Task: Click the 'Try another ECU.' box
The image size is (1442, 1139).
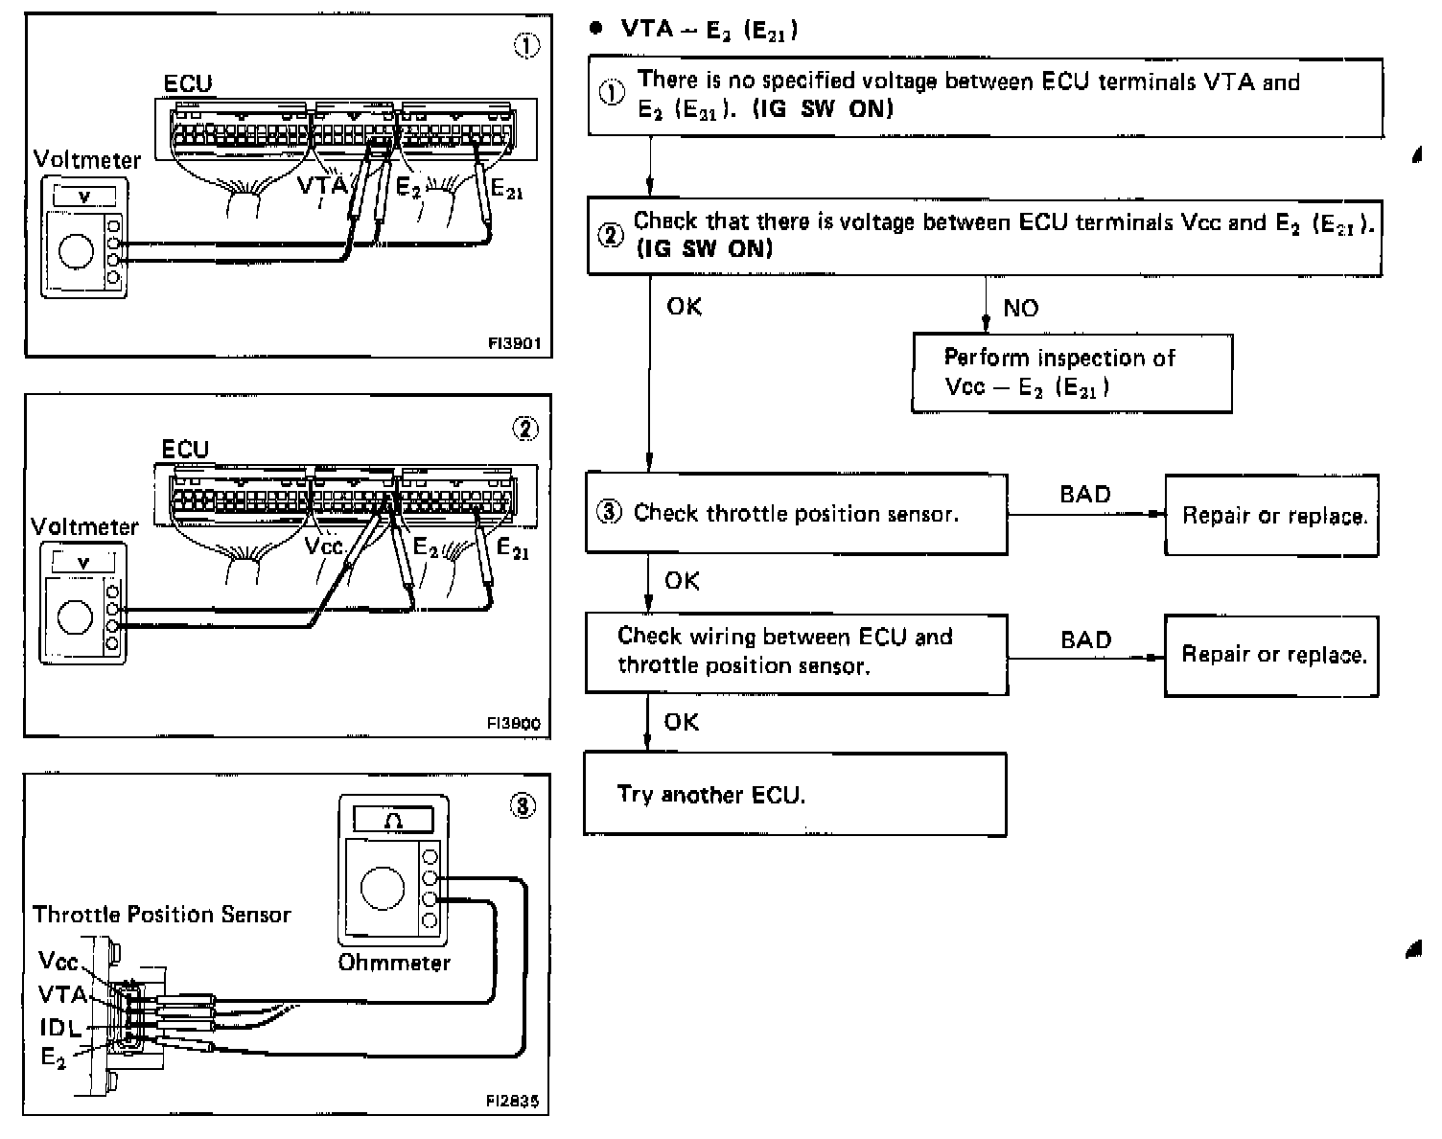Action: pos(795,794)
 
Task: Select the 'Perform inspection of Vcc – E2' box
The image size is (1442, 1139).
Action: pos(1071,372)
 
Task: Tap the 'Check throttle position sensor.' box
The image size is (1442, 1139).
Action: pos(796,513)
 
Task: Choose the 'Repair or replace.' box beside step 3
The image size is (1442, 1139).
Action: pos(1271,516)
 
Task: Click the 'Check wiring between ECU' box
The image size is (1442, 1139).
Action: pos(796,652)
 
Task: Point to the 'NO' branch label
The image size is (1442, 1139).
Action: pos(1020,308)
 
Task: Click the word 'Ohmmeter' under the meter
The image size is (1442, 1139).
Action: pos(394,962)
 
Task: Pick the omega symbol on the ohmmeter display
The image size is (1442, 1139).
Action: pos(394,820)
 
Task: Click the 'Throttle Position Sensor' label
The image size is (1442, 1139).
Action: pos(161,914)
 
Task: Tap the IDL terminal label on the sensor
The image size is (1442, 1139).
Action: pos(60,1028)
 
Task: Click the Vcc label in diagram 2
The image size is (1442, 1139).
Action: pos(324,546)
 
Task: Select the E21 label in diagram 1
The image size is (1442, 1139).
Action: pos(506,190)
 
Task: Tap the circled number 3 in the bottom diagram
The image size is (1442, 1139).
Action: pos(523,807)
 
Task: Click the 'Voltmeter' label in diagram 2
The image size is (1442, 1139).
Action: pos(84,526)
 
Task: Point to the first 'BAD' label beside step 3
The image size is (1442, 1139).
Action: pos(1085,494)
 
